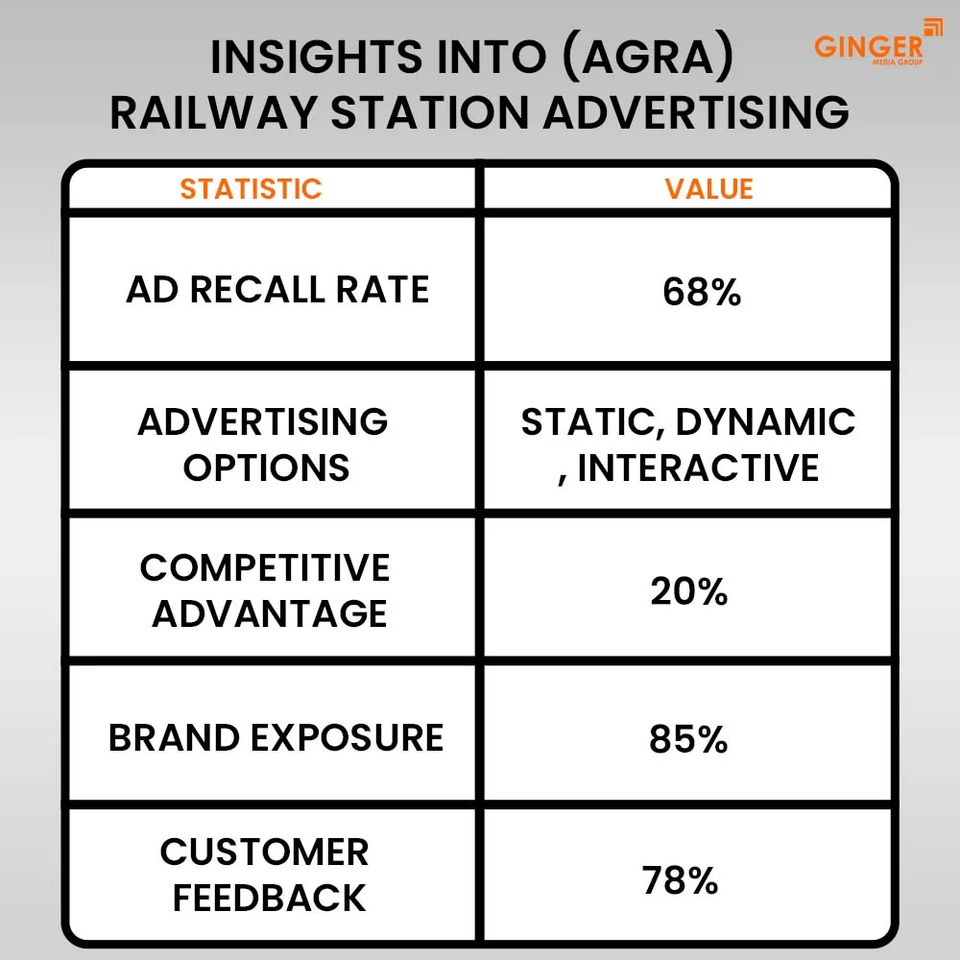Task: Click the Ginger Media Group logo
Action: coord(877,42)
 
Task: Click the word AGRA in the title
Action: coord(648,57)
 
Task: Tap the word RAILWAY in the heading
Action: coord(214,112)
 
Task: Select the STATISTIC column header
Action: coord(251,188)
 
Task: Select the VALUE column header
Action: coord(709,188)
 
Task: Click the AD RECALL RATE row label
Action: coord(277,289)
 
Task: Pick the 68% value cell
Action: coord(702,292)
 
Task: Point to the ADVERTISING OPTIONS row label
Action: coord(263,444)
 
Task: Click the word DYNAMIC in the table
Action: coord(765,421)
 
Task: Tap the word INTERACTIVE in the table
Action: coord(698,468)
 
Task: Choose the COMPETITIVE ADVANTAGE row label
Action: coord(265,590)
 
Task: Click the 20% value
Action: coord(688,591)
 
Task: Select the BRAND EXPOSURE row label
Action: coord(276,737)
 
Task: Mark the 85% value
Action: coord(688,739)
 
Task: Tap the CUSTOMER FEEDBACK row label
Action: coord(265,875)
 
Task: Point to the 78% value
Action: coord(681,880)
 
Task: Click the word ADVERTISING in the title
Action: coord(696,112)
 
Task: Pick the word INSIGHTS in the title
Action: coord(317,57)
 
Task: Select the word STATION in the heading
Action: coord(429,112)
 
